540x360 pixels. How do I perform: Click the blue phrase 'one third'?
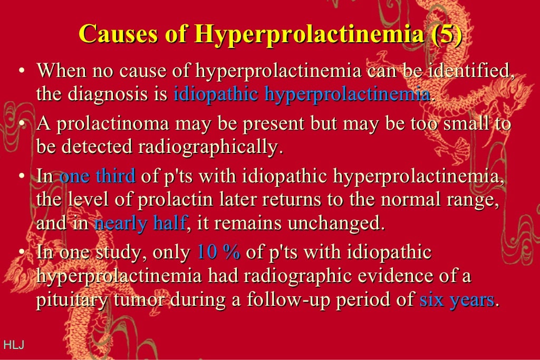[98, 176]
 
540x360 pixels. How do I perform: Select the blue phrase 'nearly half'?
[140, 223]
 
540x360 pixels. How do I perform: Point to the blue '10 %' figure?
[218, 252]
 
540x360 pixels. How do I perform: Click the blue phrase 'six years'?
[457, 300]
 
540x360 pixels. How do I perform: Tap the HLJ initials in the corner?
[14, 345]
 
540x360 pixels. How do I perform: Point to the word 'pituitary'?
[70, 300]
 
